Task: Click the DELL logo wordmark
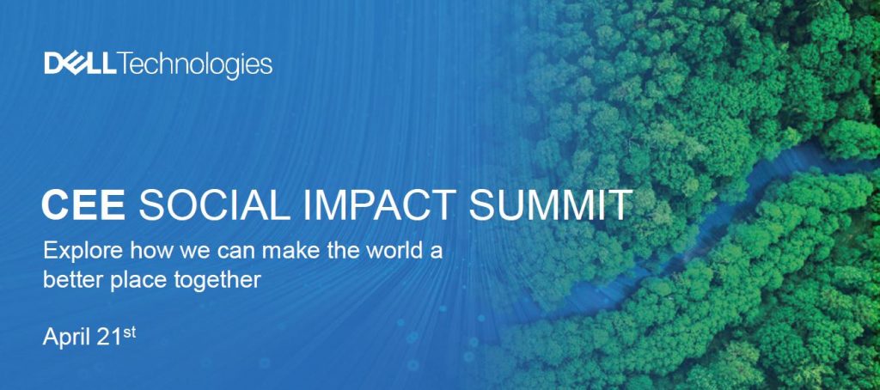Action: [80, 64]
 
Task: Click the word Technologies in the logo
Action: [195, 65]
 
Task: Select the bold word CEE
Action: [83, 205]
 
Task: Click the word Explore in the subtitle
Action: [82, 250]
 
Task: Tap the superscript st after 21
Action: [130, 332]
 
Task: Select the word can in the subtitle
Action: [237, 252]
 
